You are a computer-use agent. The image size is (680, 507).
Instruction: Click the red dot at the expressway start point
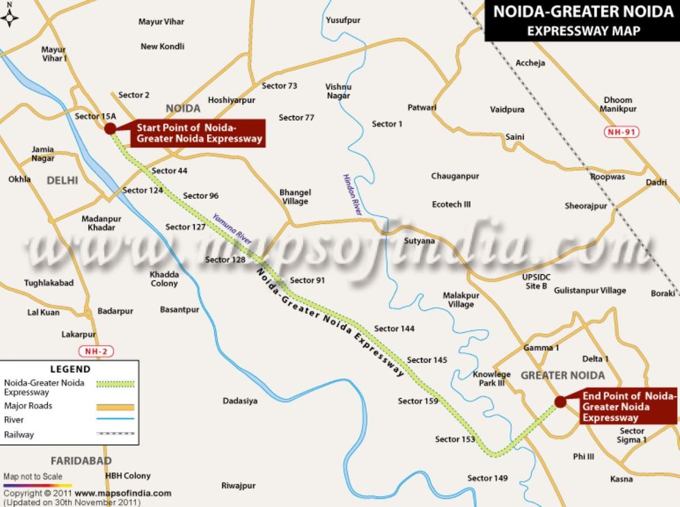(110, 129)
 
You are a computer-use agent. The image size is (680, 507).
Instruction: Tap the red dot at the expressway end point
(560, 402)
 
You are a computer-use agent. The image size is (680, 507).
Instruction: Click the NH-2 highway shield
(96, 351)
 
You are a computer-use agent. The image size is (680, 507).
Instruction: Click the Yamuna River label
(232, 228)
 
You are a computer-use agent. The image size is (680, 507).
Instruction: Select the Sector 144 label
(394, 329)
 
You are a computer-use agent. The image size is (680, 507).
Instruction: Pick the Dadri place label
(657, 183)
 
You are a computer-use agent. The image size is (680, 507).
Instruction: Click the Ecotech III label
(451, 204)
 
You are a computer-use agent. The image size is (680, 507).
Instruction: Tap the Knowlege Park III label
(492, 378)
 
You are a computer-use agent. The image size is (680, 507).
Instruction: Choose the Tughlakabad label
(49, 283)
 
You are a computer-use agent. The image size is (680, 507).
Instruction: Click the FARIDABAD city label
(81, 461)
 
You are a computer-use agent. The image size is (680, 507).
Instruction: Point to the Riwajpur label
(239, 485)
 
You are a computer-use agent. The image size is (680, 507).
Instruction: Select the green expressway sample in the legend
(116, 384)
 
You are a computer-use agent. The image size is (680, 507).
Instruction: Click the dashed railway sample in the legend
(116, 434)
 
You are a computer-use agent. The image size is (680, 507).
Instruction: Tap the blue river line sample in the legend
(116, 420)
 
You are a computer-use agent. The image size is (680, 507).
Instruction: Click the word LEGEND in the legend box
(70, 369)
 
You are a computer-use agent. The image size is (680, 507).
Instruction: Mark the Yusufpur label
(343, 20)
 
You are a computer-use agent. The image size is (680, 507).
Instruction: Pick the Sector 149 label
(487, 478)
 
